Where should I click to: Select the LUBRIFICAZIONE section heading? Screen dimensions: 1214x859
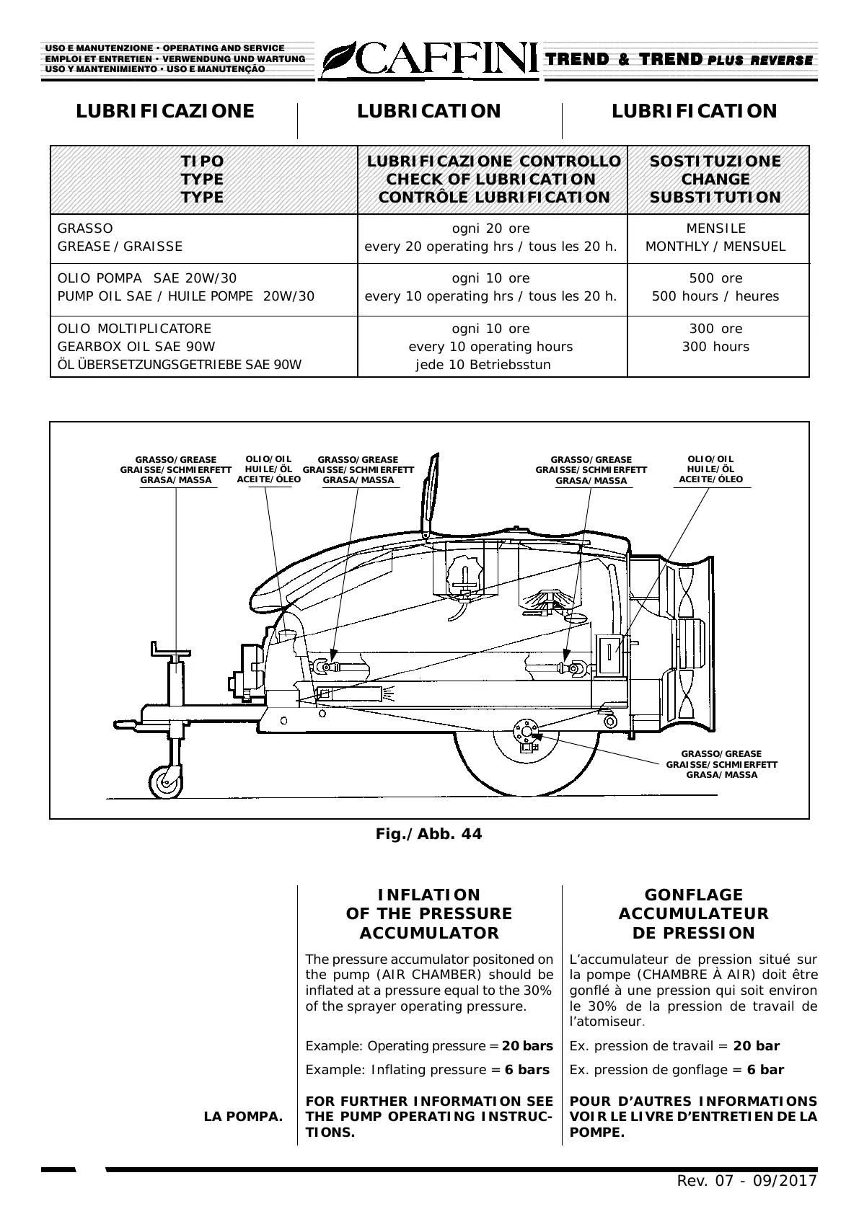165,111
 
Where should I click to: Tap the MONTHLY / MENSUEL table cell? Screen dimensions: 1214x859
715,247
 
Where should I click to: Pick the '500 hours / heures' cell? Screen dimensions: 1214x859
715,296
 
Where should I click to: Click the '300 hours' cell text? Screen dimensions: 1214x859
715,347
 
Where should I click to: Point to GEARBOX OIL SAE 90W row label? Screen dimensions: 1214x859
136,347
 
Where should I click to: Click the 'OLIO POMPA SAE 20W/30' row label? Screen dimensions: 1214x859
147,278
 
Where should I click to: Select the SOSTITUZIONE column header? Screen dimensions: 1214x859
715,161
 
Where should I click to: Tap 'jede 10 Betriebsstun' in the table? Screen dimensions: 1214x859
483,365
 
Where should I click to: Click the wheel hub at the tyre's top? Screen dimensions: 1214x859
525,733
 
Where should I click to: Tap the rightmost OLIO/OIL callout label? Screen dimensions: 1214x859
710,469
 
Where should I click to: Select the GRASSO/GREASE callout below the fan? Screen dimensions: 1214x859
721,764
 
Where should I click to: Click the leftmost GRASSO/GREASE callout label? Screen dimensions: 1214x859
176,470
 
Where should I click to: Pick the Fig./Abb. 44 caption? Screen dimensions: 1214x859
428,834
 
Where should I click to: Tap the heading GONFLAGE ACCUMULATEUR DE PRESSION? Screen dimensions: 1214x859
693,913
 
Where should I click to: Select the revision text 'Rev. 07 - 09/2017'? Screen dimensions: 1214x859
746,1181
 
